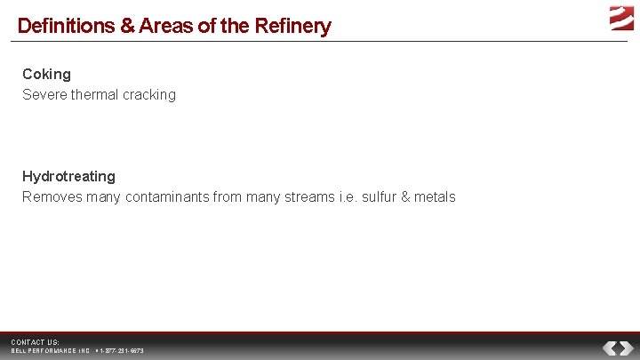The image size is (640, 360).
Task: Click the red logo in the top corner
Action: (620, 18)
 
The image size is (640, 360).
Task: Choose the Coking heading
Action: (46, 74)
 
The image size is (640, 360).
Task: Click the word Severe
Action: (44, 94)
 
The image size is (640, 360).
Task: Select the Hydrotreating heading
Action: (68, 177)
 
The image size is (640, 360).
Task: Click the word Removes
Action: (52, 197)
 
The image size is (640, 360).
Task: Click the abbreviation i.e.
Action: (348, 197)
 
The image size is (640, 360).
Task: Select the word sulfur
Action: (380, 197)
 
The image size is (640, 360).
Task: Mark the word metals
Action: (436, 197)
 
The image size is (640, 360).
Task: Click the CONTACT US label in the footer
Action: (35, 342)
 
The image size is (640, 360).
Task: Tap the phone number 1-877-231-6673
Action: (122, 351)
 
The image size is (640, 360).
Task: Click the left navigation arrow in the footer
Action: (612, 348)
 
